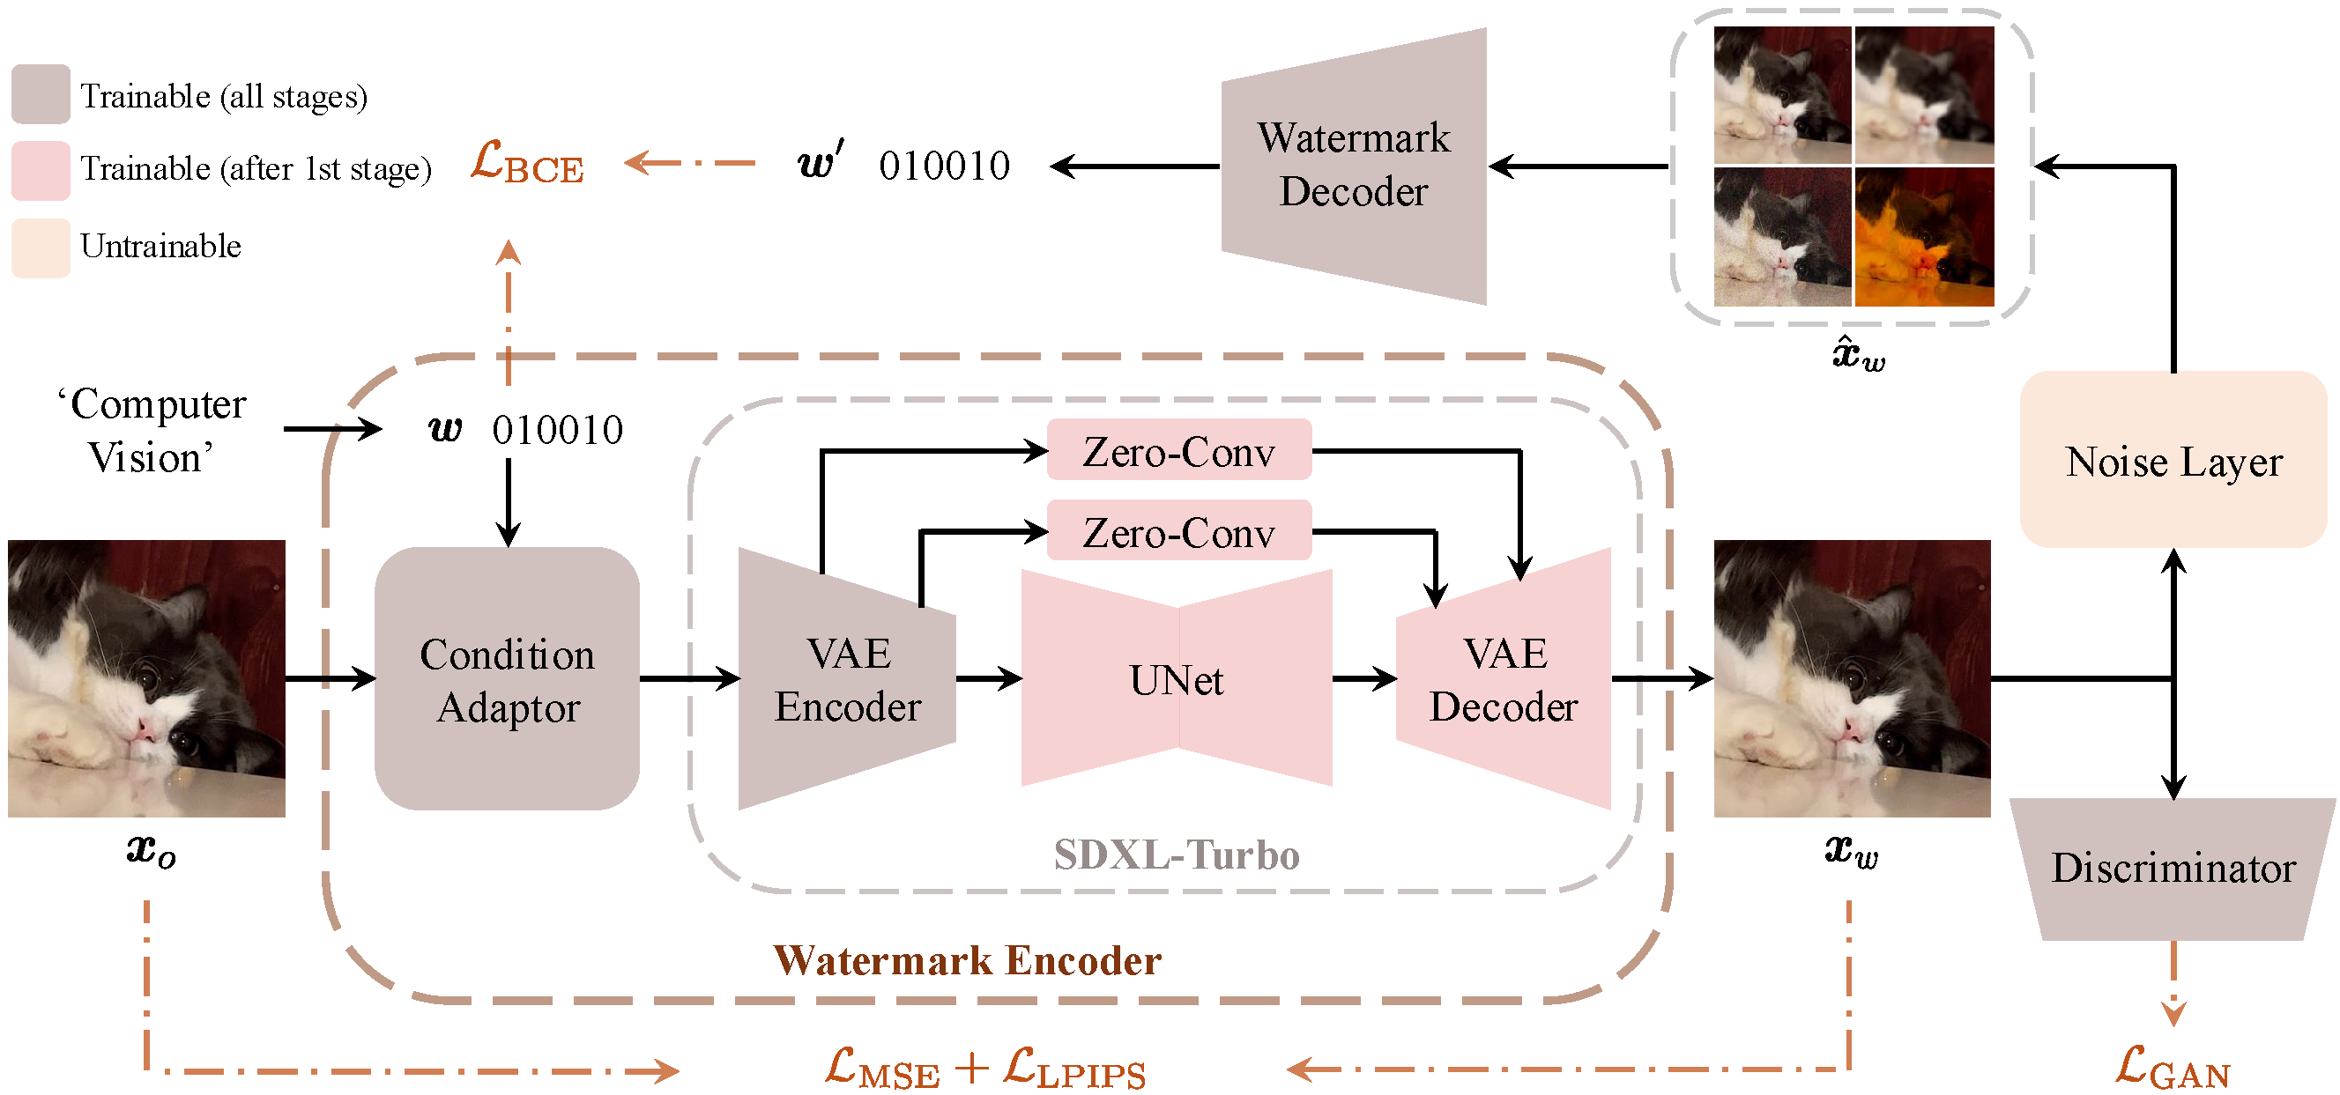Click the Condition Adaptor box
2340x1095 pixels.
point(507,679)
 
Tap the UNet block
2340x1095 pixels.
point(1177,679)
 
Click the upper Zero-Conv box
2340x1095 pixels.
point(1178,450)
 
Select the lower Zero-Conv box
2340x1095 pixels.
point(1178,531)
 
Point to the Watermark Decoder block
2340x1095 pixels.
point(1354,166)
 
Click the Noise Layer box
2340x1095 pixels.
point(2173,461)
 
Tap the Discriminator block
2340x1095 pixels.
point(2173,868)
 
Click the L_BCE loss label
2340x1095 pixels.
point(527,164)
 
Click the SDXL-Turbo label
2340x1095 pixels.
point(1177,855)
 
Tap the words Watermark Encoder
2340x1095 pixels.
point(967,960)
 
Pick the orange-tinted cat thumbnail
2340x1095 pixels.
point(1924,236)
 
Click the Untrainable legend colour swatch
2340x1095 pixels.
point(41,247)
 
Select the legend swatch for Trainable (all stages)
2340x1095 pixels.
point(41,94)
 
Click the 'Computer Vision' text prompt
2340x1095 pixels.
point(151,431)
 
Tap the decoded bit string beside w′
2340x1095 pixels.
point(944,166)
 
